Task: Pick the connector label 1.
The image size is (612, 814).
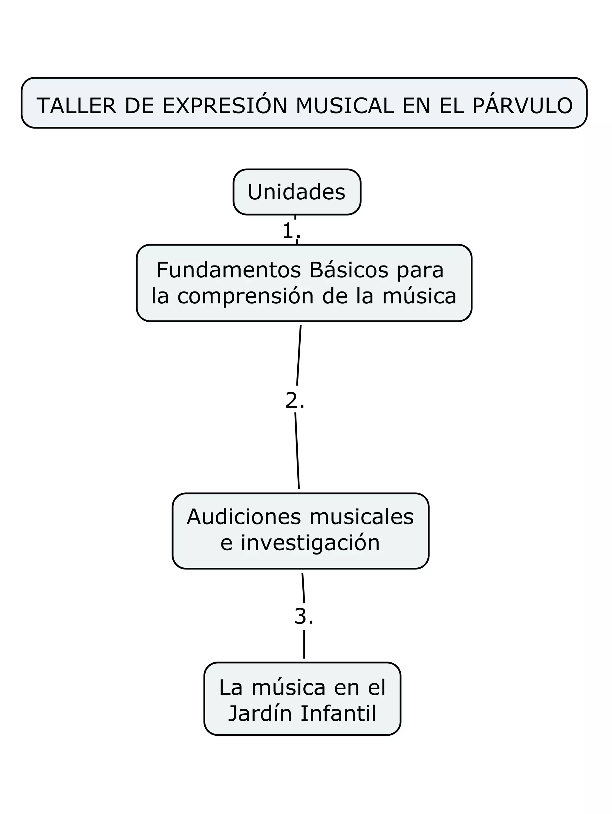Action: pyautogui.click(x=291, y=231)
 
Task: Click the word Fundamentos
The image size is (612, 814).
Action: pyautogui.click(x=228, y=270)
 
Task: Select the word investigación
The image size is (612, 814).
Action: pyautogui.click(x=310, y=543)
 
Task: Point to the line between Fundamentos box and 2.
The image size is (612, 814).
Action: pyautogui.click(x=299, y=355)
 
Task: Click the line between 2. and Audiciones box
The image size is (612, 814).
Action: pyautogui.click(x=297, y=451)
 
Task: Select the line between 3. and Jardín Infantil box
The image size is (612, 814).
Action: pyautogui.click(x=304, y=644)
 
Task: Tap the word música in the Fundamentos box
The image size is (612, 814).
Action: pyautogui.click(x=419, y=296)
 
